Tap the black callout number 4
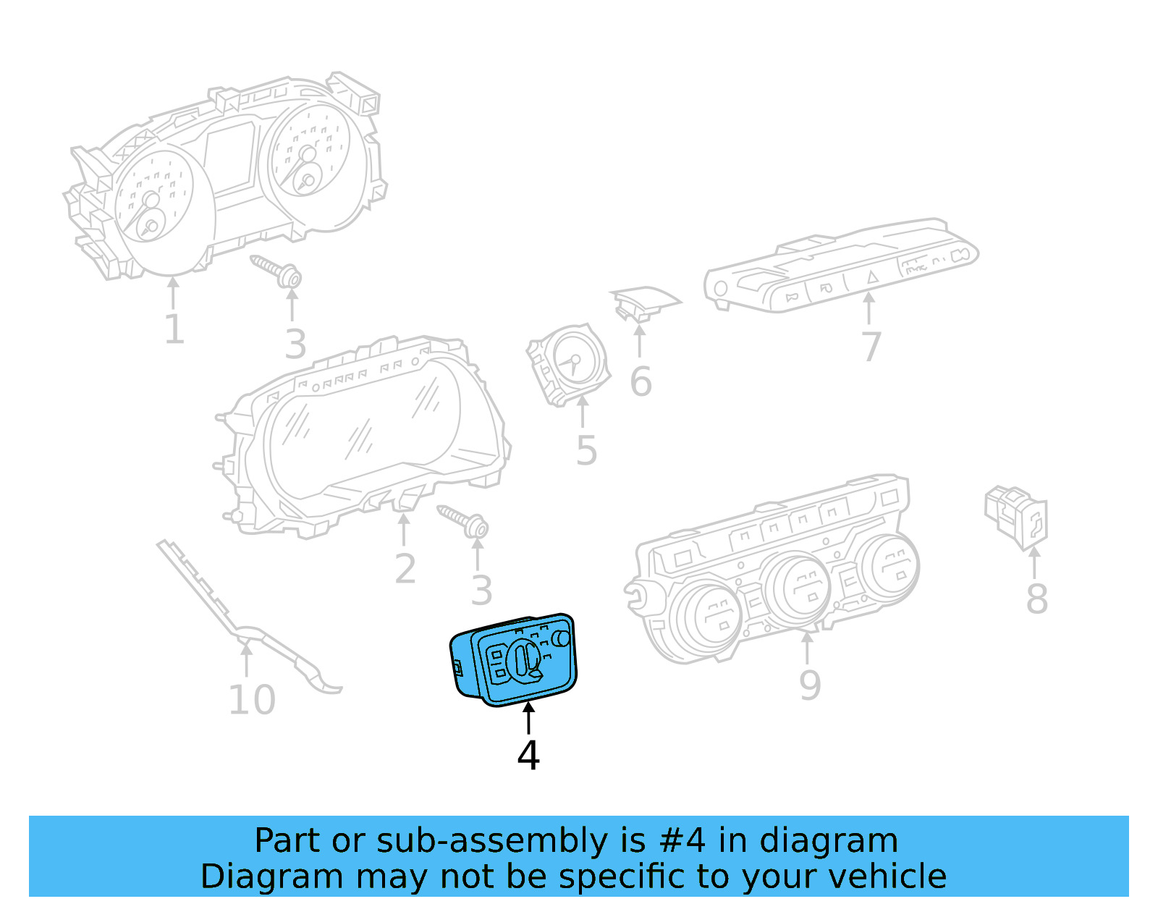pyautogui.click(x=528, y=756)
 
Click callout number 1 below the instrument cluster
pyautogui.click(x=174, y=330)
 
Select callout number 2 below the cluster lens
pyautogui.click(x=405, y=569)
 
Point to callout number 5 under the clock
pyautogui.click(x=586, y=451)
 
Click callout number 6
pyautogui.click(x=641, y=381)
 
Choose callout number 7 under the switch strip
pyautogui.click(x=871, y=347)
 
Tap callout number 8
pyautogui.click(x=1036, y=600)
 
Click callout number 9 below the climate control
pyautogui.click(x=810, y=685)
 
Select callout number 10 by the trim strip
pyautogui.click(x=252, y=700)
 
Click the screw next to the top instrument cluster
pyautogui.click(x=278, y=271)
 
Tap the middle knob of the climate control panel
pyautogui.click(x=799, y=586)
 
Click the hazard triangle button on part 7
pyautogui.click(x=872, y=276)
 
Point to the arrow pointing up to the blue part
pyautogui.click(x=529, y=717)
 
